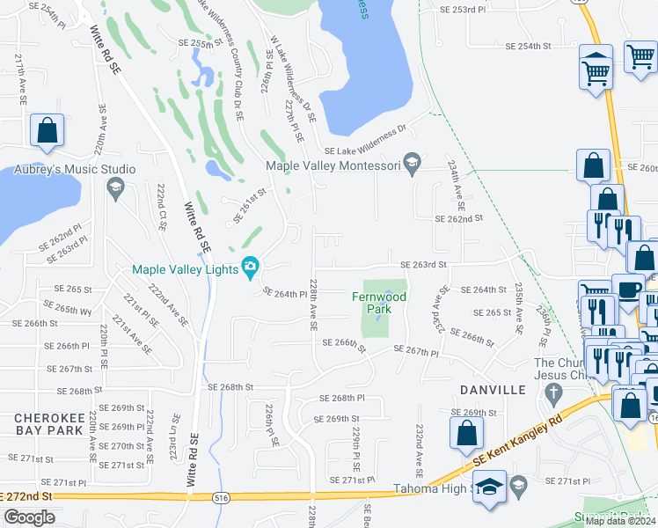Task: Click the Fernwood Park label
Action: coord(378,304)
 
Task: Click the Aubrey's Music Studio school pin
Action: coord(114,186)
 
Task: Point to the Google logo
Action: coord(29,517)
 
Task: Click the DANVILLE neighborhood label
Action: coord(493,389)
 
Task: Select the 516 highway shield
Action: coord(222,498)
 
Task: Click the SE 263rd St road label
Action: coord(423,264)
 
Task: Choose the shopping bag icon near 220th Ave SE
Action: coord(48,131)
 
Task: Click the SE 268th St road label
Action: coord(230,386)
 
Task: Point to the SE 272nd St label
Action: coord(28,496)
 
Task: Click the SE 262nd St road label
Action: coord(458,219)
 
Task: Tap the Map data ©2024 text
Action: coord(621,521)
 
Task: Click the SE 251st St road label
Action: coord(250,205)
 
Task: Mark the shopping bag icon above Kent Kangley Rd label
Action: coord(464,433)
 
